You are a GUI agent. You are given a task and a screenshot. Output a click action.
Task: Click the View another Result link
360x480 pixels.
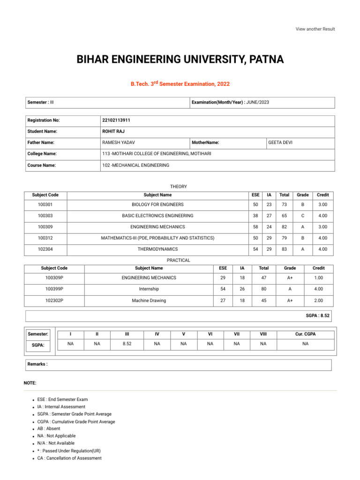point(315,29)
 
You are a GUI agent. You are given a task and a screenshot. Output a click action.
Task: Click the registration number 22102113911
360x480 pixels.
point(116,120)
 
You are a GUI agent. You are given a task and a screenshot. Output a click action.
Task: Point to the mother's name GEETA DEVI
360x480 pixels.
point(280,142)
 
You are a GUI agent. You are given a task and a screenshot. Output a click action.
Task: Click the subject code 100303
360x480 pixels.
point(45,216)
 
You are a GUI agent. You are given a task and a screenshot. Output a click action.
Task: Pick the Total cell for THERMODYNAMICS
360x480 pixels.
point(284,249)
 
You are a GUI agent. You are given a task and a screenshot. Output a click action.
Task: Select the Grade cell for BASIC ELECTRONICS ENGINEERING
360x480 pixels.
point(302,216)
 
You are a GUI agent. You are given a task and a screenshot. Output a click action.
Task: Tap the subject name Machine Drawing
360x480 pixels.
point(149,300)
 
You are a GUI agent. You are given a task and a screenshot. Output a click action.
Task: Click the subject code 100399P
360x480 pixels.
point(54,289)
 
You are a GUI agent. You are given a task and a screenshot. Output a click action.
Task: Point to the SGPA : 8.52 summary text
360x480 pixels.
point(317,316)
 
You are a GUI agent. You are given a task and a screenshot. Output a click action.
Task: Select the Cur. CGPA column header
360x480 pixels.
point(305,334)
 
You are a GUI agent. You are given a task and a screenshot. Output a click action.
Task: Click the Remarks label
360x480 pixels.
point(37,364)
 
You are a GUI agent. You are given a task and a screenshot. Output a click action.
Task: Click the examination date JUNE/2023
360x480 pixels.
point(257,102)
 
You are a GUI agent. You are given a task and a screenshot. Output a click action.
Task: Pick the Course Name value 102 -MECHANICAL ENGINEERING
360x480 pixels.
point(135,165)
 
